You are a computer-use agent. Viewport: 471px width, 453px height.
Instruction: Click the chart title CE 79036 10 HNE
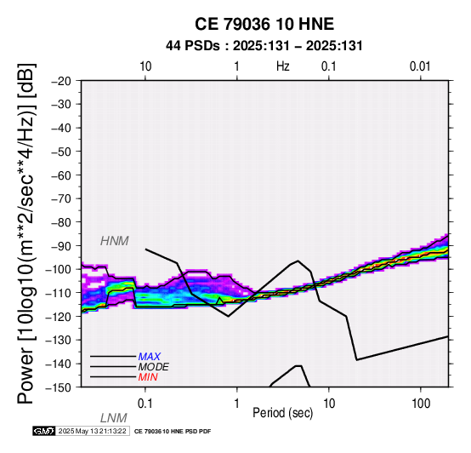[x=264, y=24]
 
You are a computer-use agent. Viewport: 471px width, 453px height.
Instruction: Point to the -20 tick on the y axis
[x=61, y=81]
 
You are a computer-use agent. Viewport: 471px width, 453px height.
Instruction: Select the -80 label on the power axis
[x=61, y=222]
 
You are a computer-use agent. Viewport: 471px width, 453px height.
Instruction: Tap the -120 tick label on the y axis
[x=59, y=317]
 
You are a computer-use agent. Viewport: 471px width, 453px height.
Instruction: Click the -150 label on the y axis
[x=59, y=387]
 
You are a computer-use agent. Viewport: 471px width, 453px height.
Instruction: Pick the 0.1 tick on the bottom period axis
[x=145, y=404]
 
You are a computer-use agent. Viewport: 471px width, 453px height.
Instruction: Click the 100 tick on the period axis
[x=421, y=404]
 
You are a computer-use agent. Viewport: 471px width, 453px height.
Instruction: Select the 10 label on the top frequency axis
[x=145, y=66]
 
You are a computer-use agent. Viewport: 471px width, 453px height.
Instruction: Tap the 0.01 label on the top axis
[x=420, y=66]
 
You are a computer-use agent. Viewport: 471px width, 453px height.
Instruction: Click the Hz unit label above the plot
[x=283, y=66]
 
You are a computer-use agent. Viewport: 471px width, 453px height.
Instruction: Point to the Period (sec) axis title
[x=282, y=413]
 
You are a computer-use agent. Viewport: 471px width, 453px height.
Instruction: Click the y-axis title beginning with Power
[x=26, y=233]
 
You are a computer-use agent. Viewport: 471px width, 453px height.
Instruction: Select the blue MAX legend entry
[x=149, y=357]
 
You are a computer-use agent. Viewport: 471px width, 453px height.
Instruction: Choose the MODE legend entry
[x=154, y=367]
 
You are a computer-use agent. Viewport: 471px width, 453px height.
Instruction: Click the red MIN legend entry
[x=148, y=377]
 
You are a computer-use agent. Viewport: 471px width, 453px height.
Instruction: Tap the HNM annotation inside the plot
[x=115, y=241]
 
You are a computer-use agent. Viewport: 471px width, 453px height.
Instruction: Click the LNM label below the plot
[x=114, y=418]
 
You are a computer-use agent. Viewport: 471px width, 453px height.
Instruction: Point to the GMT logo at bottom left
[x=44, y=432]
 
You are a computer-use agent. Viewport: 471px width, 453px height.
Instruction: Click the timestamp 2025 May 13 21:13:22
[x=92, y=432]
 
